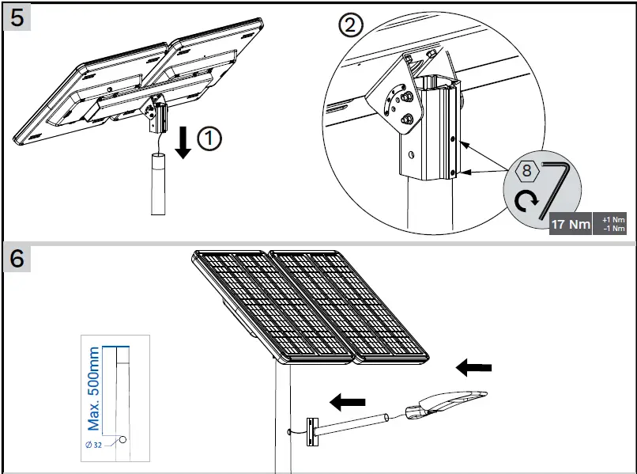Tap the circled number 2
[x=351, y=26]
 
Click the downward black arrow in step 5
[x=183, y=141]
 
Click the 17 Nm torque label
[x=571, y=224]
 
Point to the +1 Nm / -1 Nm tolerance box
[x=612, y=224]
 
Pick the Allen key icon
[x=557, y=186]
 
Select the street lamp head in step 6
[x=447, y=404]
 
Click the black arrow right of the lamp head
[x=474, y=367]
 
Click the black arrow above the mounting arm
[x=347, y=402]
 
